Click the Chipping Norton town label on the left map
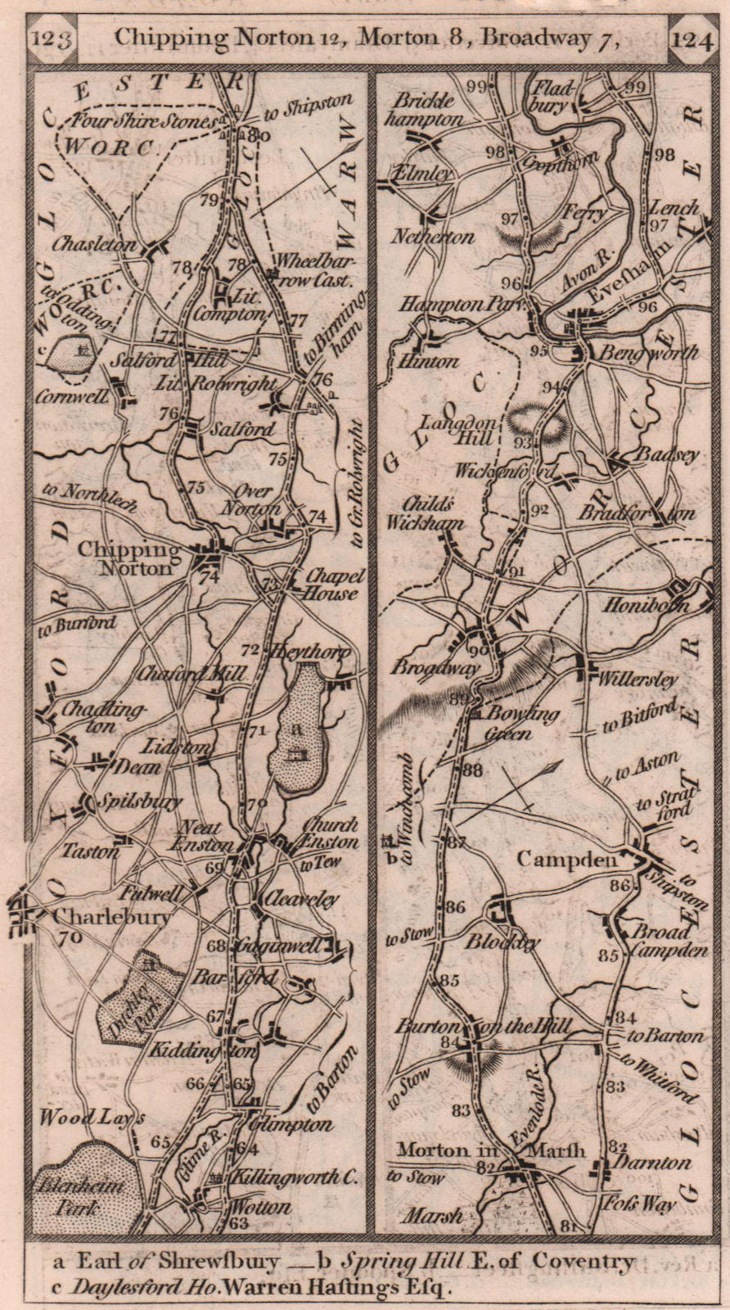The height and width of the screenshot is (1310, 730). click(x=128, y=559)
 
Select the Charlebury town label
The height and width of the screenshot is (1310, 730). click(x=112, y=916)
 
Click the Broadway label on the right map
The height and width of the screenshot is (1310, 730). click(x=435, y=667)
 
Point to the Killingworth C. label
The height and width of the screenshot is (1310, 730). click(x=295, y=1177)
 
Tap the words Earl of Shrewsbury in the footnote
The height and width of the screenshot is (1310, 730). click(x=181, y=1262)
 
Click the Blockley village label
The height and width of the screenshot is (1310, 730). click(x=502, y=942)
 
